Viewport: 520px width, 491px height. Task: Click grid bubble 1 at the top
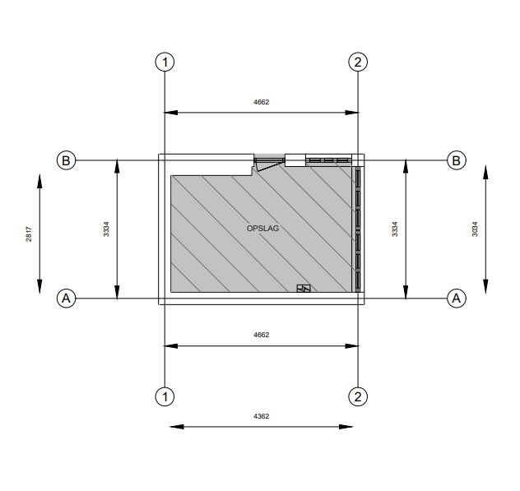(165, 62)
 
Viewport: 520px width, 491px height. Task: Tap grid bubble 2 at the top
(358, 62)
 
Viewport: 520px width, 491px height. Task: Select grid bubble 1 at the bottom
(165, 396)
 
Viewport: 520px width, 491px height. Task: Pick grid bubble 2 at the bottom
(358, 396)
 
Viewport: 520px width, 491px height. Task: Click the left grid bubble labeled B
(67, 160)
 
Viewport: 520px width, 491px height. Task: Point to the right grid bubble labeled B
(457, 160)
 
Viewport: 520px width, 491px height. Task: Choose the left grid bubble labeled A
(67, 299)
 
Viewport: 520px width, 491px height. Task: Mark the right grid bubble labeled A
(457, 299)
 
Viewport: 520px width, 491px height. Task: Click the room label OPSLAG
(262, 229)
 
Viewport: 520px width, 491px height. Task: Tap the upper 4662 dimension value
(262, 102)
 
